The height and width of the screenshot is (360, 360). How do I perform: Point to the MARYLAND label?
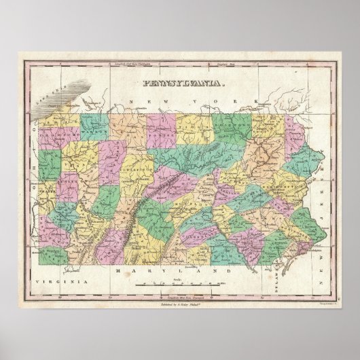click(175, 270)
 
